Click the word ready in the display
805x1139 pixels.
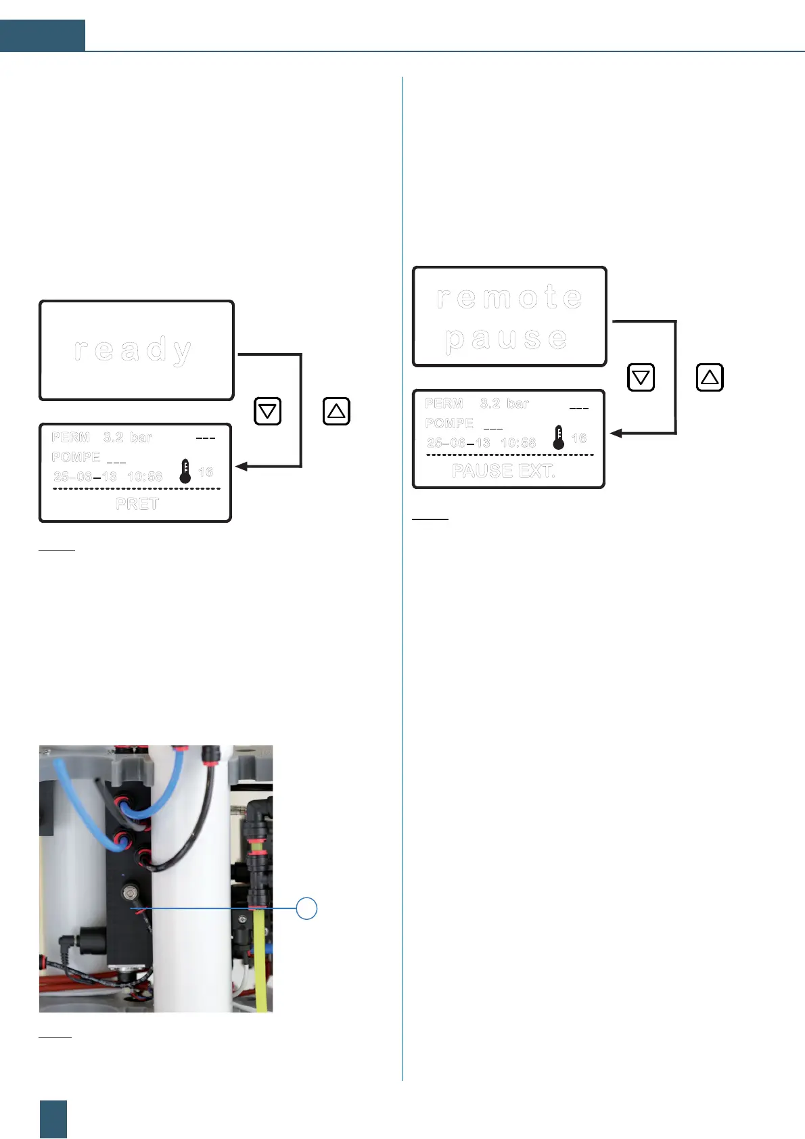click(x=133, y=350)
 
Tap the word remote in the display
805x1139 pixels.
click(x=509, y=297)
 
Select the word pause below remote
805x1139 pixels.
click(x=507, y=338)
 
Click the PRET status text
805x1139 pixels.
click(x=137, y=504)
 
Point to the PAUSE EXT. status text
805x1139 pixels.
click(x=504, y=471)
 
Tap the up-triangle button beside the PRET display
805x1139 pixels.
click(x=336, y=411)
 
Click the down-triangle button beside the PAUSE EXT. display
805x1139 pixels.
click(x=641, y=377)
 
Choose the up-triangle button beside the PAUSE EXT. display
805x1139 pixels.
click(x=710, y=377)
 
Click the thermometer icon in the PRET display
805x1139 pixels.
click(x=185, y=471)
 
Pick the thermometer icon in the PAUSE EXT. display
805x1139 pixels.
click(x=559, y=438)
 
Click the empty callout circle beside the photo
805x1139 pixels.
click(x=307, y=908)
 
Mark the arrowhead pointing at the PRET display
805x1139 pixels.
click(x=241, y=466)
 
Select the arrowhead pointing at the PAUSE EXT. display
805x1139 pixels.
click(x=616, y=433)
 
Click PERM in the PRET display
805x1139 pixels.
click(x=70, y=438)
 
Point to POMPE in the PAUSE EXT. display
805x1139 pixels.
click(x=449, y=423)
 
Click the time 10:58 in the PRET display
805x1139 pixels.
click(x=145, y=476)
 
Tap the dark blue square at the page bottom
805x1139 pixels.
click(x=53, y=1119)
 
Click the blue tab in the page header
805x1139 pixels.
click(x=43, y=36)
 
